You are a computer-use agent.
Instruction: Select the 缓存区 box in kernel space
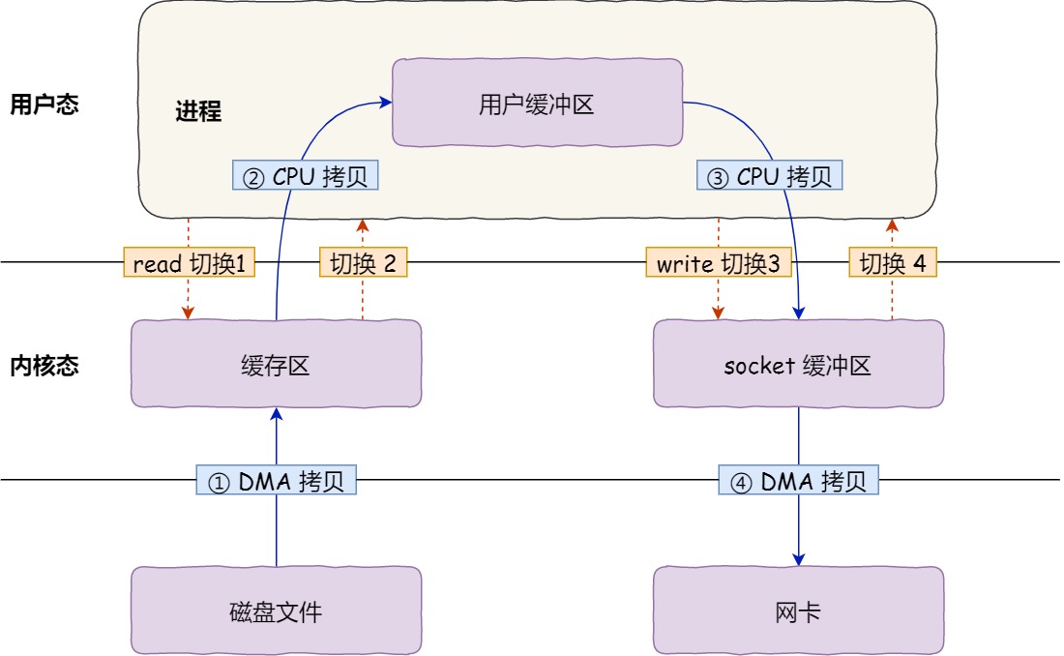276,364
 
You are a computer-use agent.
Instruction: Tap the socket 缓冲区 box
798,364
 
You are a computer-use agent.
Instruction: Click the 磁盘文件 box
276,610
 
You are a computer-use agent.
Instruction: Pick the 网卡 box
798,610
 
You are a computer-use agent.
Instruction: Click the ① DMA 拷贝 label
277,481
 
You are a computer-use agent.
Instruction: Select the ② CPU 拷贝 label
306,176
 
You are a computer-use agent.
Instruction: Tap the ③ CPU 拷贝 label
770,176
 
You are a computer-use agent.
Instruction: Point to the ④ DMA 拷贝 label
799,481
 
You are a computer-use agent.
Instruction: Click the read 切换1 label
190,263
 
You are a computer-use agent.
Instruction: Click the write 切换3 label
719,263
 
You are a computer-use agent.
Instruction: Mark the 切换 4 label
893,263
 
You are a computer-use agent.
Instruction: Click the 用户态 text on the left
44,104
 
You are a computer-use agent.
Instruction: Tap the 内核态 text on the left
44,365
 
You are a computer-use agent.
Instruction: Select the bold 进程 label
198,112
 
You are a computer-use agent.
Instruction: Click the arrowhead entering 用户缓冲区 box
386,99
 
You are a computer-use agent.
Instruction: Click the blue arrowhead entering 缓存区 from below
277,413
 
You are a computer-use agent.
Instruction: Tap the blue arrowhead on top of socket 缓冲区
799,313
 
